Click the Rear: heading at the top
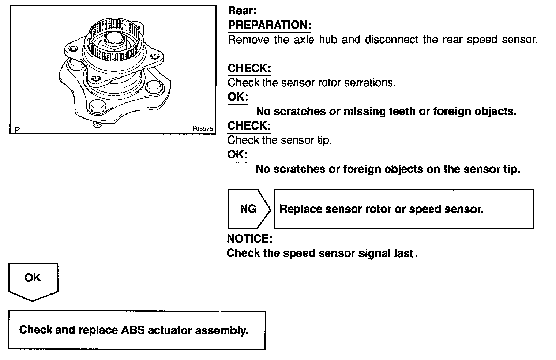pyautogui.click(x=242, y=11)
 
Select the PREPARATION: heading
pyautogui.click(x=270, y=25)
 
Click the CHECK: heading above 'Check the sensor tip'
pyautogui.click(x=249, y=126)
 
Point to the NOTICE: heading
pyautogui.click(x=250, y=239)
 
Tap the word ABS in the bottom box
pyautogui.click(x=129, y=330)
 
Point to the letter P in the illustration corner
pyautogui.click(x=17, y=129)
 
